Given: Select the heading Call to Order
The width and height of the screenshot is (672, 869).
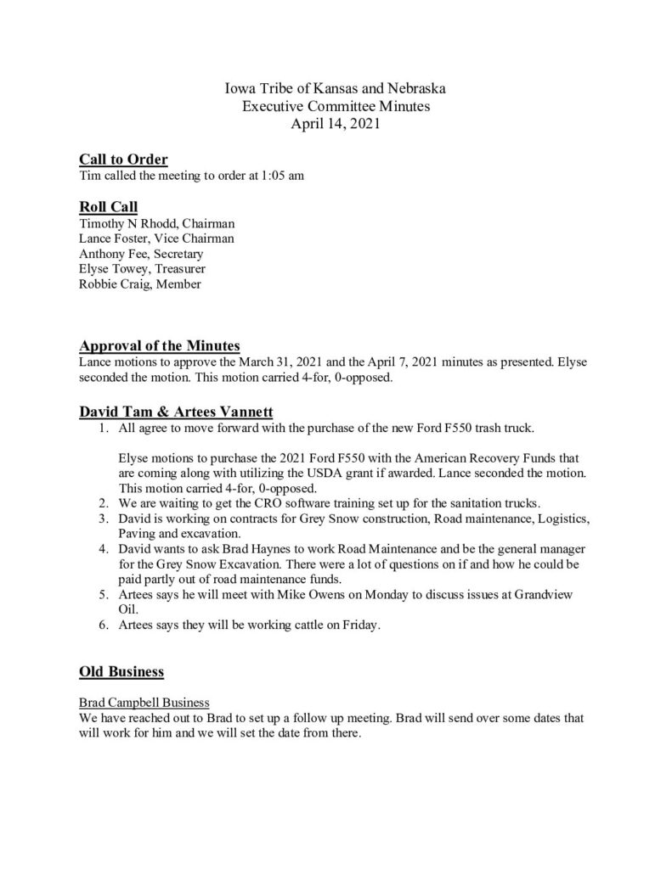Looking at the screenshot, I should (x=123, y=160).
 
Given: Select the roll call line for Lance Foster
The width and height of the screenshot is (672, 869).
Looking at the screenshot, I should (x=156, y=238).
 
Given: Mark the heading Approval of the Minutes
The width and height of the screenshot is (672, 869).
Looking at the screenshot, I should (x=160, y=345).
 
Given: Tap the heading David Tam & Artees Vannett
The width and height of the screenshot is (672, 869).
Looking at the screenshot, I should (x=176, y=412).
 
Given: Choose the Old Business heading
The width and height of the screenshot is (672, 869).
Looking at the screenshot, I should (x=121, y=672).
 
